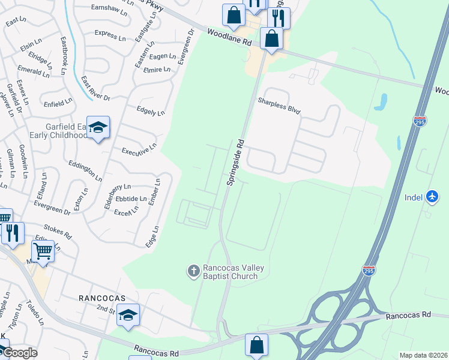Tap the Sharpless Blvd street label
point(279,106)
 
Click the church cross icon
point(193,271)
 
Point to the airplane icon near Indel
point(432,196)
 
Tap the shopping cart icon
point(43,251)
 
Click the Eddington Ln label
point(85,170)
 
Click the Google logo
point(19,352)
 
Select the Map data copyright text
point(423,355)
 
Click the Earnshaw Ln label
point(109,10)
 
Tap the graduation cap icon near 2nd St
point(128,314)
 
